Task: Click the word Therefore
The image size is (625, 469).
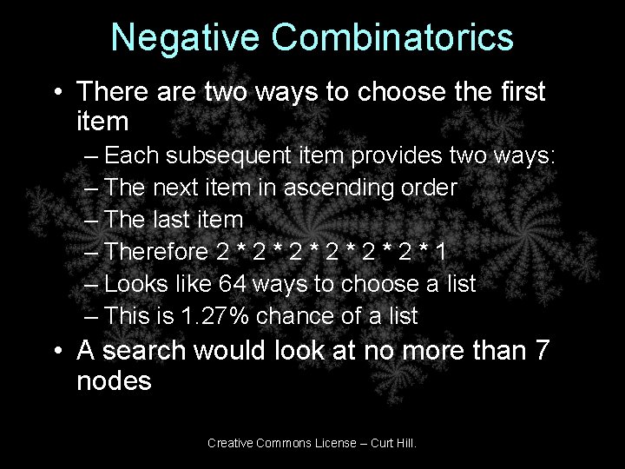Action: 157,253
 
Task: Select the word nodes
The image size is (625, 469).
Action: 114,380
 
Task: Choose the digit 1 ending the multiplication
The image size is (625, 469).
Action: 442,253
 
